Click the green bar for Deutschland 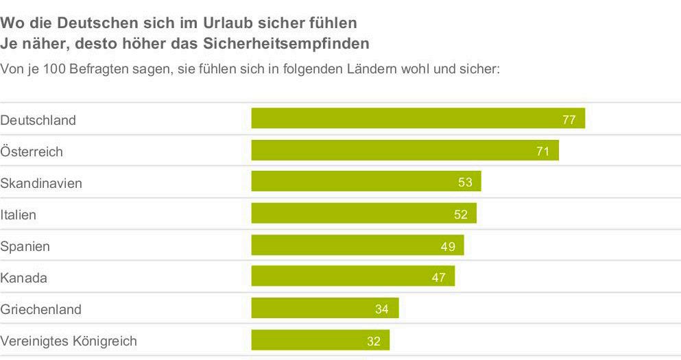pyautogui.click(x=418, y=119)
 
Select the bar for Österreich pyautogui.click(x=405, y=150)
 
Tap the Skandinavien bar pyautogui.click(x=366, y=182)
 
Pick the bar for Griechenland pyautogui.click(x=324, y=309)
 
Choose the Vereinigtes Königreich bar pyautogui.click(x=320, y=340)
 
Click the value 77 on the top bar pyautogui.click(x=569, y=119)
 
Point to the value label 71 pyautogui.click(x=542, y=151)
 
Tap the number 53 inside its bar pyautogui.click(x=465, y=182)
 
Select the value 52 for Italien pyautogui.click(x=460, y=214)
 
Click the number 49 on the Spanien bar pyautogui.click(x=448, y=246)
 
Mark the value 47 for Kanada pyautogui.click(x=438, y=278)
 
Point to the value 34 pyautogui.click(x=382, y=309)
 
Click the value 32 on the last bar pyautogui.click(x=373, y=341)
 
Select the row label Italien pyautogui.click(x=18, y=215)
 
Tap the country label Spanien pyautogui.click(x=25, y=246)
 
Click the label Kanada pyautogui.click(x=23, y=278)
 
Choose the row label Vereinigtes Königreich pyautogui.click(x=69, y=341)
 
